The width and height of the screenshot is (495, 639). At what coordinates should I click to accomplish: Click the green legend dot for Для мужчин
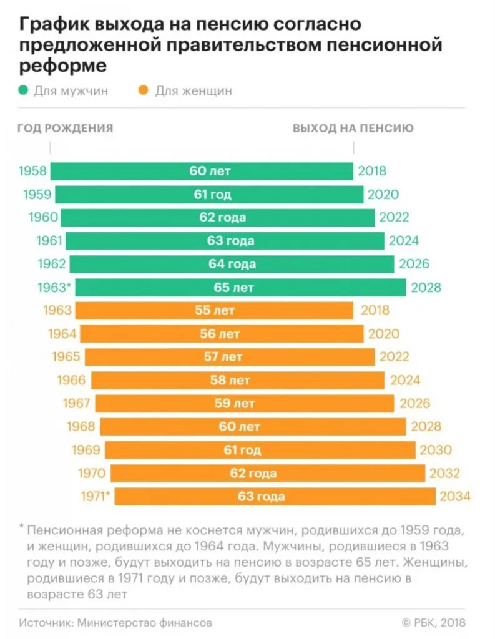click(24, 91)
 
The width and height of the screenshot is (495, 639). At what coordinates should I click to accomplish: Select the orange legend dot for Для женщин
click(143, 91)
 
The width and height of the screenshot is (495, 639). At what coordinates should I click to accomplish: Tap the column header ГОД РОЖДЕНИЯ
click(65, 129)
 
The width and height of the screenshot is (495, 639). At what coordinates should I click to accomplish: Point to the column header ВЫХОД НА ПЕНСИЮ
click(353, 129)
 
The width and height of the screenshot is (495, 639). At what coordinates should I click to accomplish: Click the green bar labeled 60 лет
click(202, 171)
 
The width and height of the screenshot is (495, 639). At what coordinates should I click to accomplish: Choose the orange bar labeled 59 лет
click(239, 403)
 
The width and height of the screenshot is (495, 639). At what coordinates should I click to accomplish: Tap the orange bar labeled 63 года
click(275, 496)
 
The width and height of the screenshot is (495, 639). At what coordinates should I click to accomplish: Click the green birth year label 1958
click(32, 171)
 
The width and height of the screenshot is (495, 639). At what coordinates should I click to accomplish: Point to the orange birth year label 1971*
click(95, 497)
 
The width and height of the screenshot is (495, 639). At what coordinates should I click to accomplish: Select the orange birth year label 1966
click(72, 380)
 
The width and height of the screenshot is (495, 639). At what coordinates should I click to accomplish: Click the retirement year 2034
click(454, 497)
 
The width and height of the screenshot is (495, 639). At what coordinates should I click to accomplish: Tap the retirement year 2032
click(445, 473)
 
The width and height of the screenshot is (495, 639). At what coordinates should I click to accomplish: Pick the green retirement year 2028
click(426, 288)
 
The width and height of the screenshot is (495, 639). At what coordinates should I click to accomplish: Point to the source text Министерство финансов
click(143, 622)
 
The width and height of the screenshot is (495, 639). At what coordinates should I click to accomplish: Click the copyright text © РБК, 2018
click(433, 622)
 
